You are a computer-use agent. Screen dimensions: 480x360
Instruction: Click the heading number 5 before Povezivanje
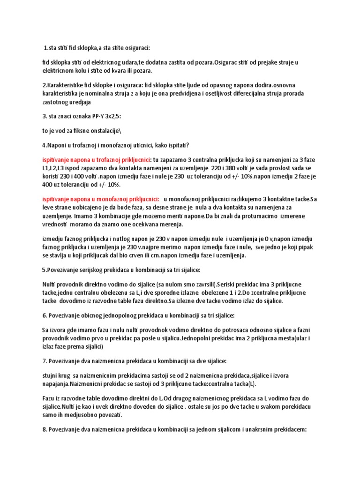coord(44,270)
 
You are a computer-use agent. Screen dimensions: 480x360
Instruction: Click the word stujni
coord(51,375)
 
